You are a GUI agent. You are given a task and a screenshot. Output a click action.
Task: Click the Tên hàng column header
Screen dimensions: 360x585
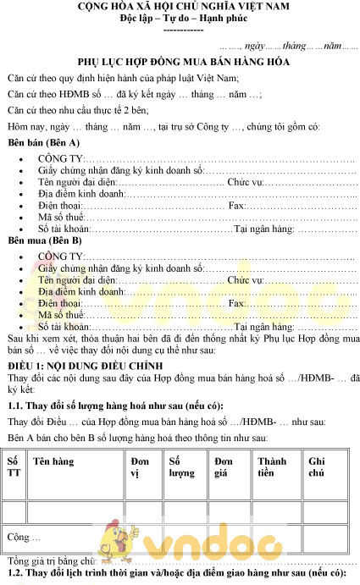click(x=53, y=461)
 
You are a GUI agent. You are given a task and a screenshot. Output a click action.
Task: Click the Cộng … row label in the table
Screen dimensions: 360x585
click(x=24, y=537)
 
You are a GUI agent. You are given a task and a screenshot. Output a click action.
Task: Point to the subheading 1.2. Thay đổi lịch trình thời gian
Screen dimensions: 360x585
click(x=169, y=574)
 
